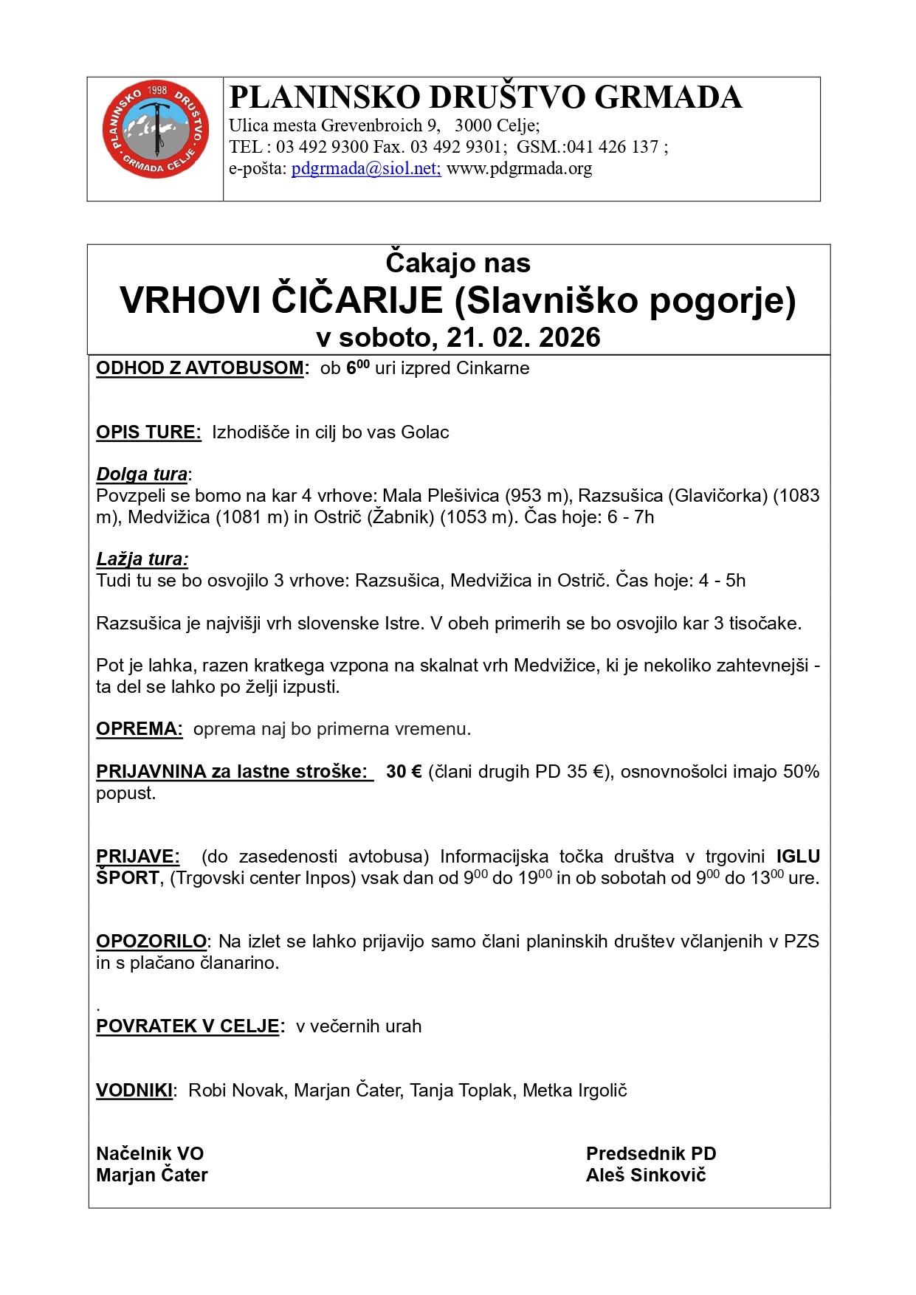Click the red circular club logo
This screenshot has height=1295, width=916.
point(156,129)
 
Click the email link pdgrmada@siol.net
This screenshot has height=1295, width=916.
point(366,168)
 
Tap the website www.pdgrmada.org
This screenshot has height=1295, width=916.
point(519,168)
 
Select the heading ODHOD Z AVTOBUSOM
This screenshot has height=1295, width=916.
point(200,368)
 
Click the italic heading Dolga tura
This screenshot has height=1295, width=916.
point(142,474)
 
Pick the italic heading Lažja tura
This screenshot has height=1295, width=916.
point(142,559)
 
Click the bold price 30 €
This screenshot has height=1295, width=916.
point(404,772)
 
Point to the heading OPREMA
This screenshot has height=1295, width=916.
point(139,729)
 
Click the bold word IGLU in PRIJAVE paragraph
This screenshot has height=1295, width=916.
point(798,857)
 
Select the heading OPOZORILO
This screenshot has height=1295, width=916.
point(151,942)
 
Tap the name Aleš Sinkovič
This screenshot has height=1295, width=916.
point(645,1175)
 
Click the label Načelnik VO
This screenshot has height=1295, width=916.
point(150,1154)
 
